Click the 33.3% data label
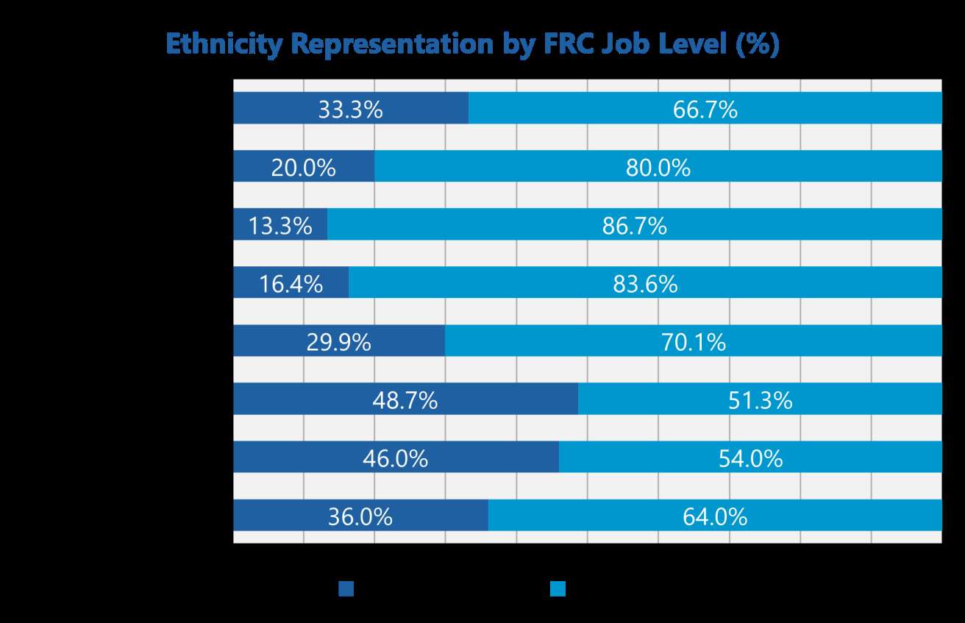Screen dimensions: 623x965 click(350, 110)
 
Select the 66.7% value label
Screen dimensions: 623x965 click(705, 110)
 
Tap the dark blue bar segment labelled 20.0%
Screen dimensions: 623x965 click(304, 167)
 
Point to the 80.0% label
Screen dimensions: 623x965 click(658, 168)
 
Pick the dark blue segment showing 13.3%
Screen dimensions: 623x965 click(280, 225)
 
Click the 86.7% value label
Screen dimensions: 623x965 click(634, 226)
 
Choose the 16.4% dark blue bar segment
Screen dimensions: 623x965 click(291, 283)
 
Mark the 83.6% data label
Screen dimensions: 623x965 click(645, 284)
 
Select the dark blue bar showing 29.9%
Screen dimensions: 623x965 click(339, 341)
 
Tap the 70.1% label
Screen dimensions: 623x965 click(693, 342)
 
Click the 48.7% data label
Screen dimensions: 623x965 click(405, 400)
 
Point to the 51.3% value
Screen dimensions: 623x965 click(760, 400)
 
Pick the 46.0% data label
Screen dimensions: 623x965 click(395, 458)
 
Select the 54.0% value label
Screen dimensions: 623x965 click(750, 458)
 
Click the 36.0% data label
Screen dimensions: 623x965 click(360, 516)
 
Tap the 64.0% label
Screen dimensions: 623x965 click(715, 516)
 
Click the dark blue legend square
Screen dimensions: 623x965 click(346, 588)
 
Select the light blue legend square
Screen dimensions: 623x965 click(558, 588)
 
